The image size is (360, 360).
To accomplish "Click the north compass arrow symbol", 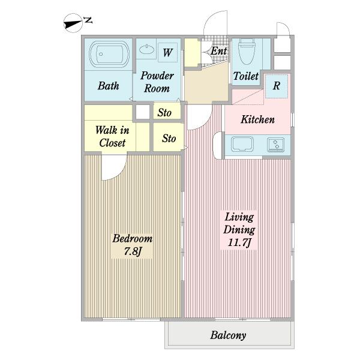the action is [x=73, y=23].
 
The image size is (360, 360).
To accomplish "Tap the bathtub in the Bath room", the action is [x=109, y=54].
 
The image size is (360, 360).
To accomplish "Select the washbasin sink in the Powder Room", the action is [x=146, y=49].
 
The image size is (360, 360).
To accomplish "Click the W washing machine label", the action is [x=167, y=53].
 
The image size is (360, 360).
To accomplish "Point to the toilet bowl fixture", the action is [x=247, y=52].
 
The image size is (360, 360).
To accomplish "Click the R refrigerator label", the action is [x=277, y=86].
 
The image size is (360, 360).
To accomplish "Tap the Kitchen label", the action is [x=257, y=119].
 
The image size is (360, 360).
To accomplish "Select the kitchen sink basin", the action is [x=242, y=144].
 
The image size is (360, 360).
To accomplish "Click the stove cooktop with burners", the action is [x=276, y=145].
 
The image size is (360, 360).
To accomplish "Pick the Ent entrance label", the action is [x=219, y=51].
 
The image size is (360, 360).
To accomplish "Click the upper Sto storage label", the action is [x=164, y=113].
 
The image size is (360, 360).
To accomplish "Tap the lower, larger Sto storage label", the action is [x=169, y=139].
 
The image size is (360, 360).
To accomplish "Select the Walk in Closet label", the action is [x=112, y=136].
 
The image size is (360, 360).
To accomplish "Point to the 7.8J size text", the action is [x=132, y=251].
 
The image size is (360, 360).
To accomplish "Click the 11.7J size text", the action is [x=239, y=242].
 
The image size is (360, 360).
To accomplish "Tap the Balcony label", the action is [x=228, y=335].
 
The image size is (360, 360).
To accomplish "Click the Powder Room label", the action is [x=157, y=82].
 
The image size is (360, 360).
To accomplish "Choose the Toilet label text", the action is [x=246, y=76].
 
